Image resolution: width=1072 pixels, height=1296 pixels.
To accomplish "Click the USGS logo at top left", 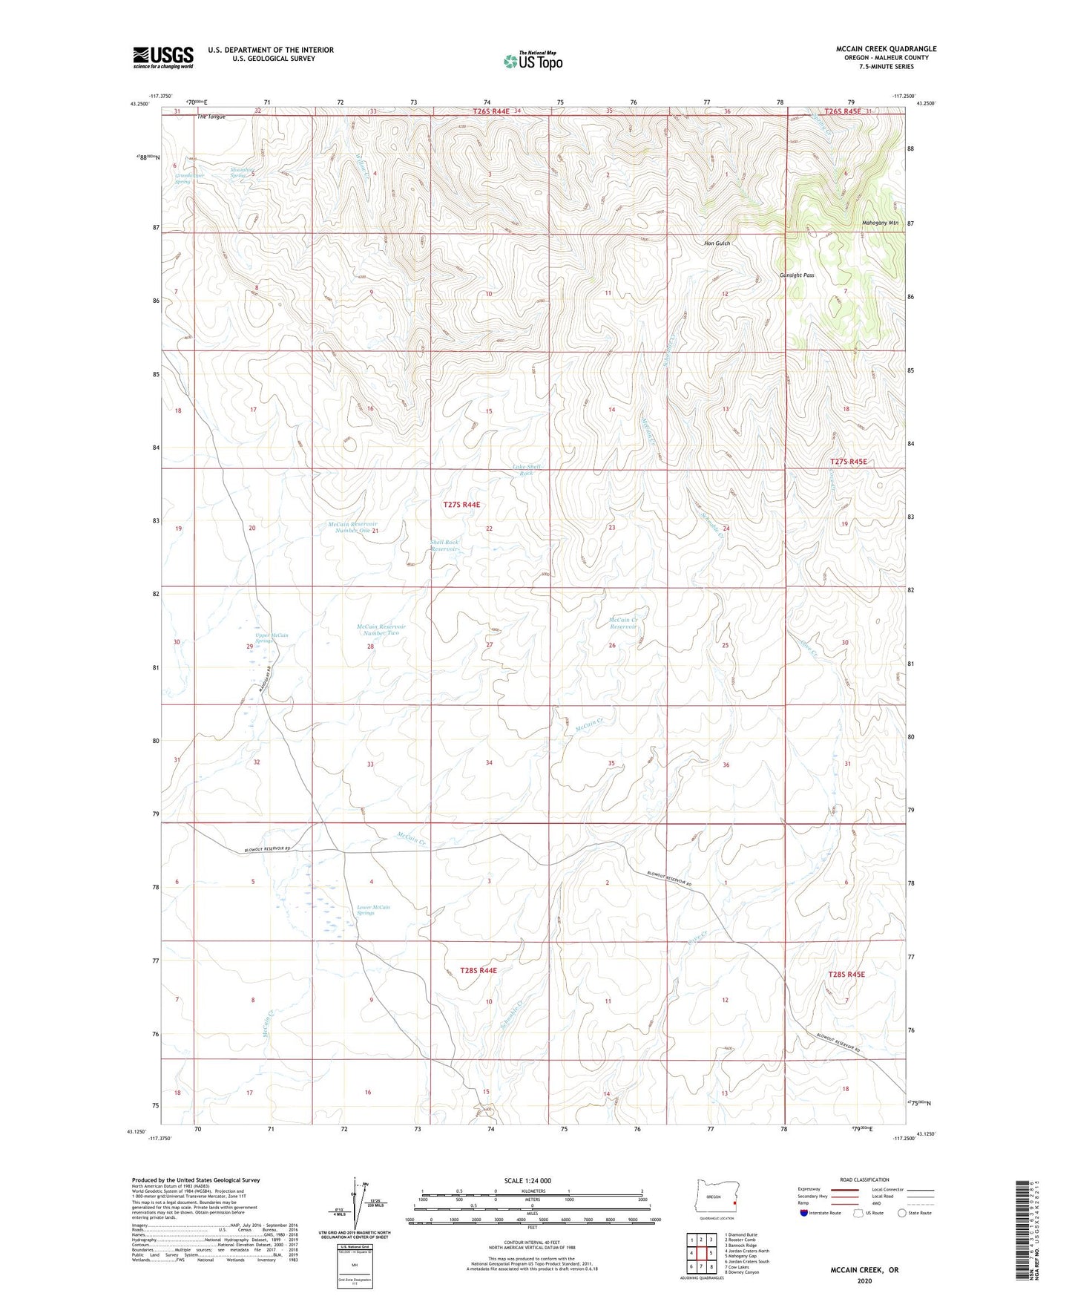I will coord(163,57).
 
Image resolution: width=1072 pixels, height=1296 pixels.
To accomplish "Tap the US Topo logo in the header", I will coord(533,61).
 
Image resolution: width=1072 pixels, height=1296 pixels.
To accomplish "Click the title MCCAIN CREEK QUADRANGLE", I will coord(886,49).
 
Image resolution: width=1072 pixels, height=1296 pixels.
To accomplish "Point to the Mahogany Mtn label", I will coord(880,223).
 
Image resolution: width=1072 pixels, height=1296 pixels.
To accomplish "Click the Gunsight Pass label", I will coord(797,275).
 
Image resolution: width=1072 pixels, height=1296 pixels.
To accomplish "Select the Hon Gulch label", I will coord(717,243).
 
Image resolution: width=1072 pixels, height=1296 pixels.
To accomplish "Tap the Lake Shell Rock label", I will coord(527,470).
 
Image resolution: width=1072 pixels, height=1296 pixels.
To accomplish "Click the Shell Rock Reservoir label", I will coord(444,546).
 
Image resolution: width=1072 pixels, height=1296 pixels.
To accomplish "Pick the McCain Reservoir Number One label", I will coord(353,527).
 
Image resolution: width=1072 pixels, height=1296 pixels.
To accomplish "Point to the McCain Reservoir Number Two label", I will coord(381,629).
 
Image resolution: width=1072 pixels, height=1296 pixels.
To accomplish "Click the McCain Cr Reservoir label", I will coord(622,623).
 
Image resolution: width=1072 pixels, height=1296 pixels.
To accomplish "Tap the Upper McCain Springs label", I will coord(272,638).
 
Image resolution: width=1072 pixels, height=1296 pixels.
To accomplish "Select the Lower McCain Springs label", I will coord(373,910).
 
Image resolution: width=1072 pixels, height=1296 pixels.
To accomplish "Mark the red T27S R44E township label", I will coord(461,505).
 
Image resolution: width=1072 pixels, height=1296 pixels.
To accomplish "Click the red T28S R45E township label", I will coord(846,974).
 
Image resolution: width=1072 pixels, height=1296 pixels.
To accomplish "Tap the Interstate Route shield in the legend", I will coord(804,1213).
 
